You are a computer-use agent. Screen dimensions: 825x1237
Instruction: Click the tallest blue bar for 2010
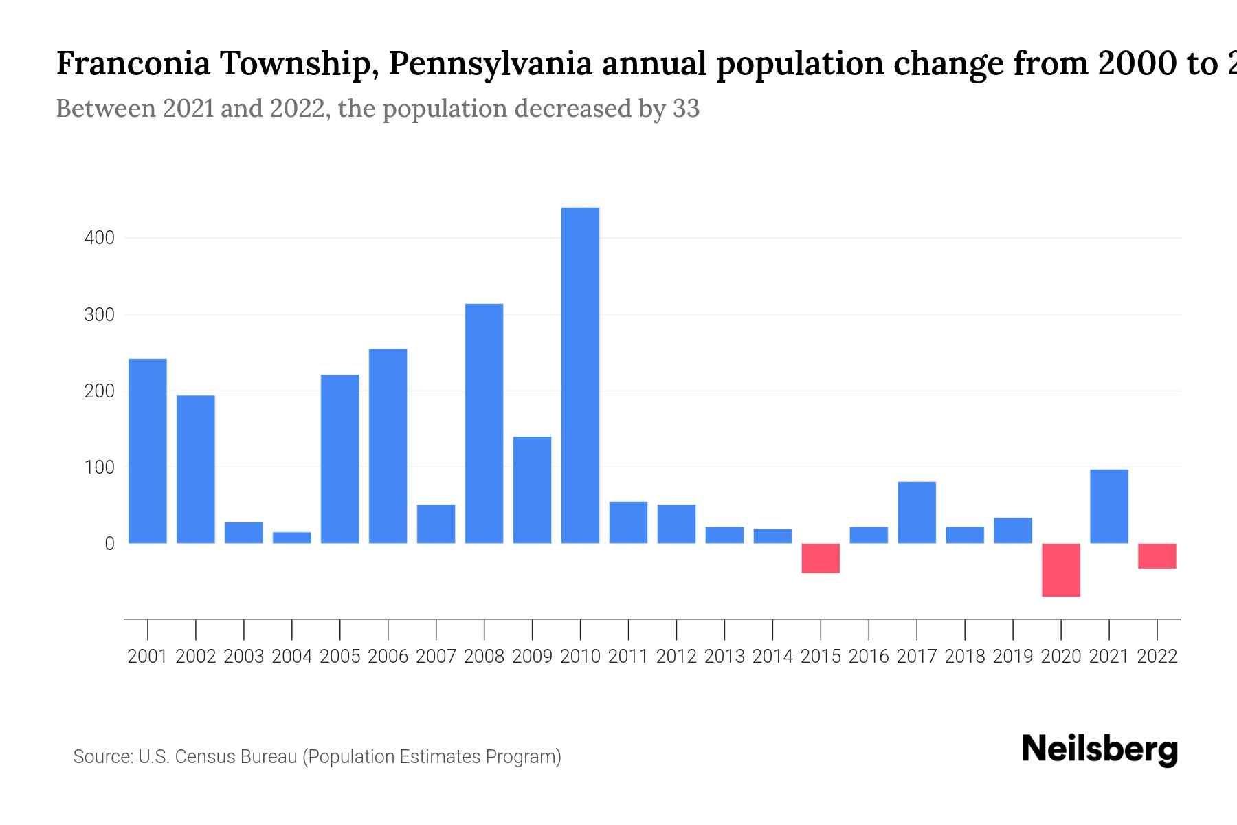click(580, 375)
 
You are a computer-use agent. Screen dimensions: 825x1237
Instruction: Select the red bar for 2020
click(1061, 570)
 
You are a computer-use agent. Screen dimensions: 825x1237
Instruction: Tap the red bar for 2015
click(821, 558)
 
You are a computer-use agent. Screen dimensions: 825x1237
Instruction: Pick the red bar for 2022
click(1157, 556)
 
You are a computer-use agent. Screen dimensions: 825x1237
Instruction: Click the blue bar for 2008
click(484, 423)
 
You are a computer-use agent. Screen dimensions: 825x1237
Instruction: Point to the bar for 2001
click(148, 450)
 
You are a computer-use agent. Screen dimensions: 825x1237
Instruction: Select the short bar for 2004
click(292, 538)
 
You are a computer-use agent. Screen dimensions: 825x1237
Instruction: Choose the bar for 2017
click(917, 512)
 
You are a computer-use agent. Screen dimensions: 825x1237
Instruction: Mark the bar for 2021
click(1109, 506)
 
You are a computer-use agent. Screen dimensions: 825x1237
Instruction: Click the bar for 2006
click(388, 445)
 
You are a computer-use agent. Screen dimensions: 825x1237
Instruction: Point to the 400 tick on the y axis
click(99, 239)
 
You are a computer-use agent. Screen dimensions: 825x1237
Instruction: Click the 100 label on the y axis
click(99, 467)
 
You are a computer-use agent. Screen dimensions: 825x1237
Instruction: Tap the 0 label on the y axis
click(109, 544)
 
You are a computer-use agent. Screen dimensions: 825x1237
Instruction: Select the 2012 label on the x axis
click(676, 657)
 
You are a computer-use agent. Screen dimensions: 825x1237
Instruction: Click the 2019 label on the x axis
click(1013, 657)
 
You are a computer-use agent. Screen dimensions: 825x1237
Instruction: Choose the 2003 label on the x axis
click(244, 657)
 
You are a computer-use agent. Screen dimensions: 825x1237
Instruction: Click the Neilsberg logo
click(1100, 749)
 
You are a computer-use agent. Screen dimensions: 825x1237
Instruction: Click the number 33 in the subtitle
click(686, 109)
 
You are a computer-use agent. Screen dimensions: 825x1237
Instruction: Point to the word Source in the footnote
click(102, 757)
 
